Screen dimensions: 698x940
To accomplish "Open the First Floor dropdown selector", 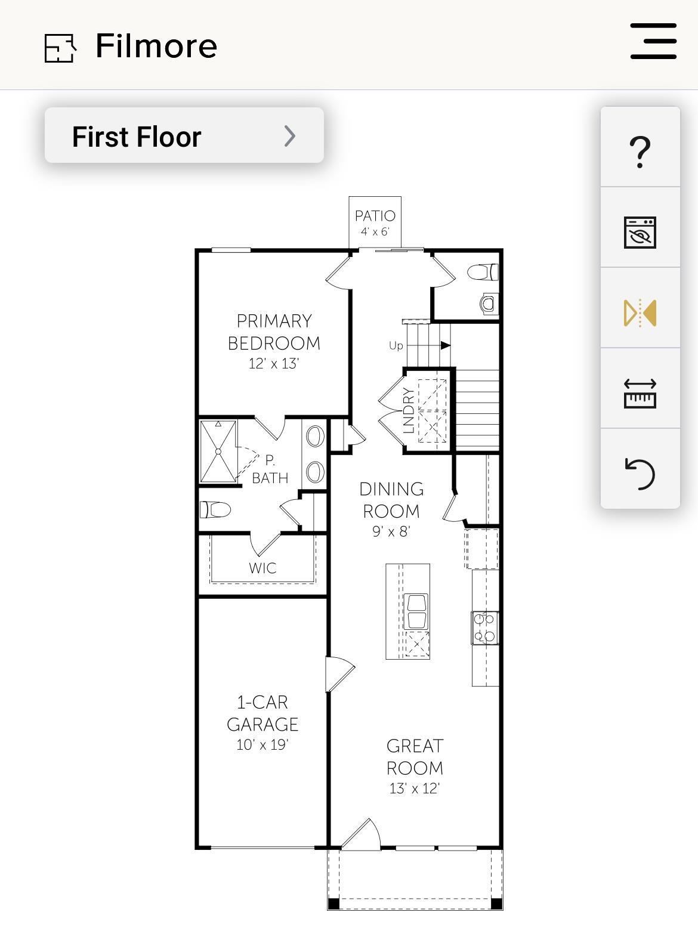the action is tap(184, 135).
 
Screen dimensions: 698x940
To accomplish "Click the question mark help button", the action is tap(640, 151).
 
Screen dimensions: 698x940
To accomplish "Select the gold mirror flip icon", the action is tap(640, 313).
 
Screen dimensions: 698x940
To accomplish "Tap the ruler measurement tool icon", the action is tap(640, 394).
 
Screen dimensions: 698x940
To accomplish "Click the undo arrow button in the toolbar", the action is tap(640, 474).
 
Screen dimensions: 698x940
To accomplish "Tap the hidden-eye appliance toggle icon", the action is tap(640, 233).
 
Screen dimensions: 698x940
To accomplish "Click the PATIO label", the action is tap(375, 216).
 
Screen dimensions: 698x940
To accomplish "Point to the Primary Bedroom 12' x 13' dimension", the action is tap(274, 364).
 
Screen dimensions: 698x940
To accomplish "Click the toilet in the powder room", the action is tap(483, 272).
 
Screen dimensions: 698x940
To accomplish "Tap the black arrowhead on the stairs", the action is tap(445, 345).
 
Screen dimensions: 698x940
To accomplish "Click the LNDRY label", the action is tap(408, 410).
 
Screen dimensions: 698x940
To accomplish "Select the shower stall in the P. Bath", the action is tap(218, 452).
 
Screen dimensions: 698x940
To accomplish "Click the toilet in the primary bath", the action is tap(215, 509).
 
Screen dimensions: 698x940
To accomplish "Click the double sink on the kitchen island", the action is tap(416, 611).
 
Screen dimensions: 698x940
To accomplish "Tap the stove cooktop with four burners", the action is tap(484, 628).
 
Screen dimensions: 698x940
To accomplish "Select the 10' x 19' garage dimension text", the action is tap(262, 744).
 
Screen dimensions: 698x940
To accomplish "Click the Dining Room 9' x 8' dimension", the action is tap(391, 531).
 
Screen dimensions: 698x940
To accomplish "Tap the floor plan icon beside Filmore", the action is tap(61, 48).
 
